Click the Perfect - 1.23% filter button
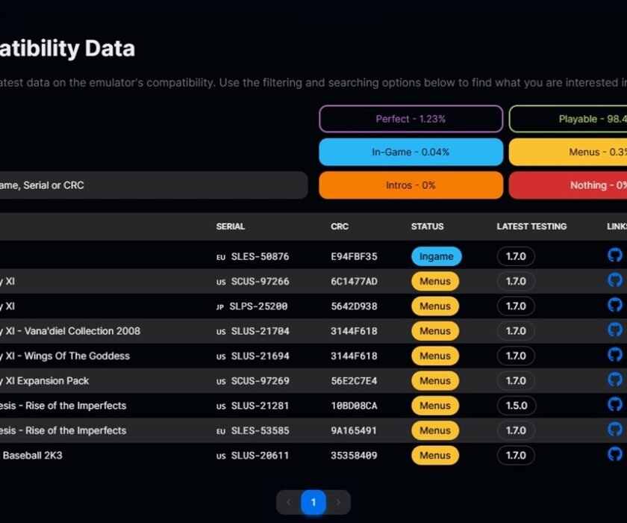coord(411,119)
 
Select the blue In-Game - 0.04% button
coord(411,152)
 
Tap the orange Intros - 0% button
coord(411,185)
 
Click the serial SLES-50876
coord(260,256)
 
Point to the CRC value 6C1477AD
coord(354,282)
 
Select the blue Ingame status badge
coord(436,256)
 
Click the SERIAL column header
coord(231,226)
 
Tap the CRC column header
coord(340,226)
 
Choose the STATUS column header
coord(427,226)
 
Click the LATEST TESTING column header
coord(531,226)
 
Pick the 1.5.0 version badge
coord(516,406)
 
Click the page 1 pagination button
coord(313,502)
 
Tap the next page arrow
coord(338,502)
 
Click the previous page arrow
coord(289,502)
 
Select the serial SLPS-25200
coord(260,306)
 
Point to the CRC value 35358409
coord(354,455)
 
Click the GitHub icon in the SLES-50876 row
coord(615,256)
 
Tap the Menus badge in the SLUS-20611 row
coord(434,455)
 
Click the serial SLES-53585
coord(260,430)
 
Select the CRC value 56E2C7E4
coord(354,381)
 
